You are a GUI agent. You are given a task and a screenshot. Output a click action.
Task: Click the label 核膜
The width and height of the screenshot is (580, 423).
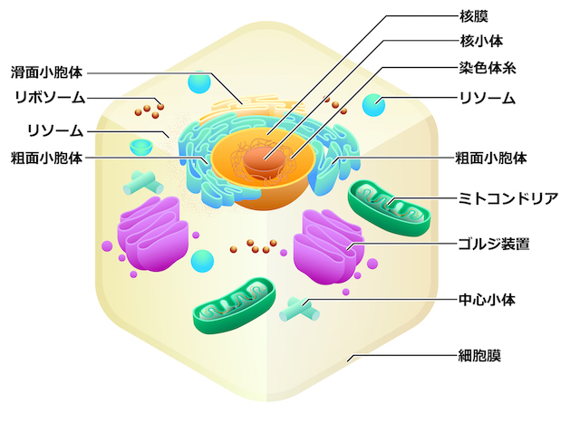click(474, 15)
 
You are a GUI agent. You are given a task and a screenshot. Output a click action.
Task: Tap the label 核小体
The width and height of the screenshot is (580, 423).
click(481, 42)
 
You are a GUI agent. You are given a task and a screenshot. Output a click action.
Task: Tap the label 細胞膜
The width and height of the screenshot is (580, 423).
click(480, 356)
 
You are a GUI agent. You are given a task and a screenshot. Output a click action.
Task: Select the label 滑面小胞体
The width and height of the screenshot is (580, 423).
click(46, 72)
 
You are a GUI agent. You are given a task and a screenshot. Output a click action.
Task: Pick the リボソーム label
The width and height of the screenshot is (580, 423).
click(50, 97)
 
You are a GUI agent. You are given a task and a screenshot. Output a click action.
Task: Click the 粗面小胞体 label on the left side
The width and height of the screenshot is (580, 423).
click(46, 158)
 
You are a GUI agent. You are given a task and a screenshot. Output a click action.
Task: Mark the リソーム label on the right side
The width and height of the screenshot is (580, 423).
click(488, 98)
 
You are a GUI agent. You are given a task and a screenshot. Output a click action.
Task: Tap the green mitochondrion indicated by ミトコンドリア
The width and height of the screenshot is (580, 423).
click(391, 209)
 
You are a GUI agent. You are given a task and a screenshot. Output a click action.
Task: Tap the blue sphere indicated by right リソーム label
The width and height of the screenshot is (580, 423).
click(373, 104)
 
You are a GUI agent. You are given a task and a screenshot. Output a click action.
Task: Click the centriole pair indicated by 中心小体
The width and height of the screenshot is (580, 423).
click(300, 308)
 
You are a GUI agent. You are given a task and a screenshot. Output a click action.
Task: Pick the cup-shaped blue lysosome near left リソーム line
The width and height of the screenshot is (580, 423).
click(141, 145)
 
